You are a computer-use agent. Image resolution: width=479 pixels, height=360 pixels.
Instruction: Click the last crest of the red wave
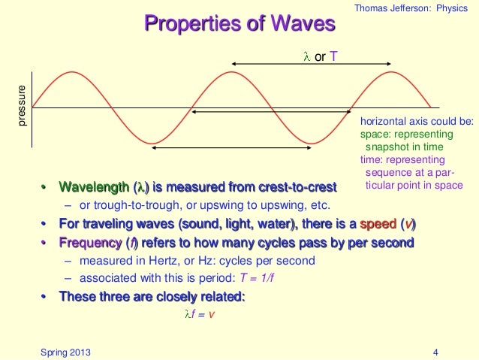tap(389, 72)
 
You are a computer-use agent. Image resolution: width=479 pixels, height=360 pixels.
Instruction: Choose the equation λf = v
tap(203, 314)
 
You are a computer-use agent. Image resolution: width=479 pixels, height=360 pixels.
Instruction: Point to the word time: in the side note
tap(373, 160)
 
